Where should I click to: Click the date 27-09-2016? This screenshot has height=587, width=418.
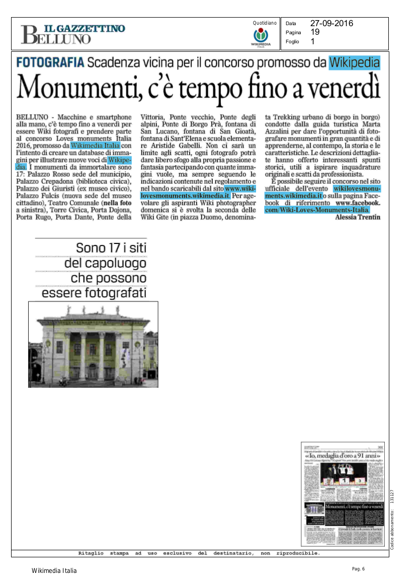pyautogui.click(x=331, y=23)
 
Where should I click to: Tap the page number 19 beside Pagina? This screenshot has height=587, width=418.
pyautogui.click(x=315, y=32)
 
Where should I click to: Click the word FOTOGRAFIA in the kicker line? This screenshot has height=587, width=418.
pyautogui.click(x=50, y=63)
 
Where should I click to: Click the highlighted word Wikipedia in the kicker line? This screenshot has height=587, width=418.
pyautogui.click(x=355, y=63)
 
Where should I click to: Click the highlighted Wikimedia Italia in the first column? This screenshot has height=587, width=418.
pyautogui.click(x=95, y=146)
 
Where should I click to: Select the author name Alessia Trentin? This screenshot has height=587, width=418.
pyautogui.click(x=357, y=217)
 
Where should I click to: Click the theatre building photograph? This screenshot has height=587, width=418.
pyautogui.click(x=93, y=344)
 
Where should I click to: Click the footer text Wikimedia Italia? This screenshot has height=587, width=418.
pyautogui.click(x=54, y=570)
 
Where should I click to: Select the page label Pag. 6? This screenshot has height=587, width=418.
pyautogui.click(x=358, y=569)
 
